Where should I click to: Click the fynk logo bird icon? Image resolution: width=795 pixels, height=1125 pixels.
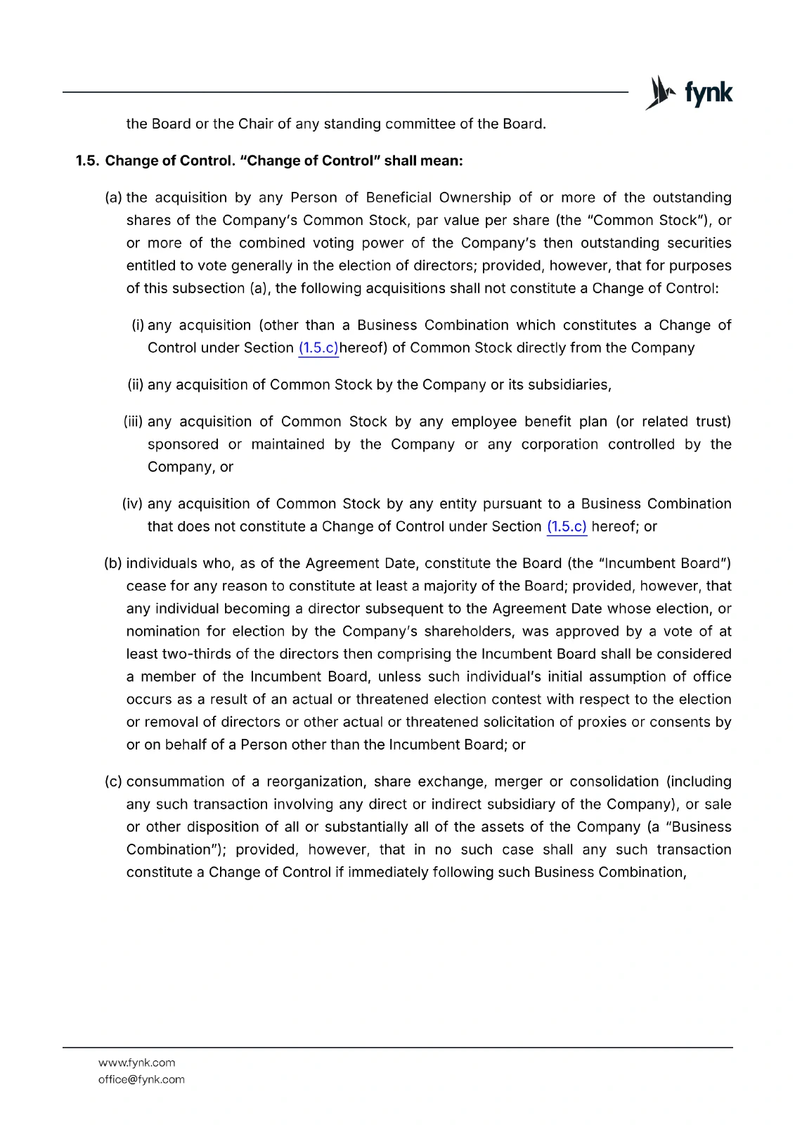659,92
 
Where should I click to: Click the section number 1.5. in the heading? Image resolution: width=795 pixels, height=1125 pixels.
88,161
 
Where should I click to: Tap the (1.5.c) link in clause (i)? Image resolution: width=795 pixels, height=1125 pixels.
318,348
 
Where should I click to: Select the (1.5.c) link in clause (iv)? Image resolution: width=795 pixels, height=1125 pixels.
567,527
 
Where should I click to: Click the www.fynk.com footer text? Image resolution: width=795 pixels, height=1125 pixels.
137,1062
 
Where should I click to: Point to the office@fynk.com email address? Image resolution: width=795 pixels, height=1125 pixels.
141,1079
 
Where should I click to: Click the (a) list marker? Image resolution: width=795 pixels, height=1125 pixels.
113,198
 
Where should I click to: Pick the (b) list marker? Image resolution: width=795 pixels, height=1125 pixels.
113,563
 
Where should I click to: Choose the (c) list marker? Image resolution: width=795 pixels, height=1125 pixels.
113,781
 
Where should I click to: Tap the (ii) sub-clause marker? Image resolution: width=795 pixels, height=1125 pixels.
135,385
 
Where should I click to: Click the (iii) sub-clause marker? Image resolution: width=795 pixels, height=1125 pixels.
134,421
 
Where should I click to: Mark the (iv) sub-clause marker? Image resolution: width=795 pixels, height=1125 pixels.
133,503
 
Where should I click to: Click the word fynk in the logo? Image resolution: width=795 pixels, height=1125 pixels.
708,93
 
